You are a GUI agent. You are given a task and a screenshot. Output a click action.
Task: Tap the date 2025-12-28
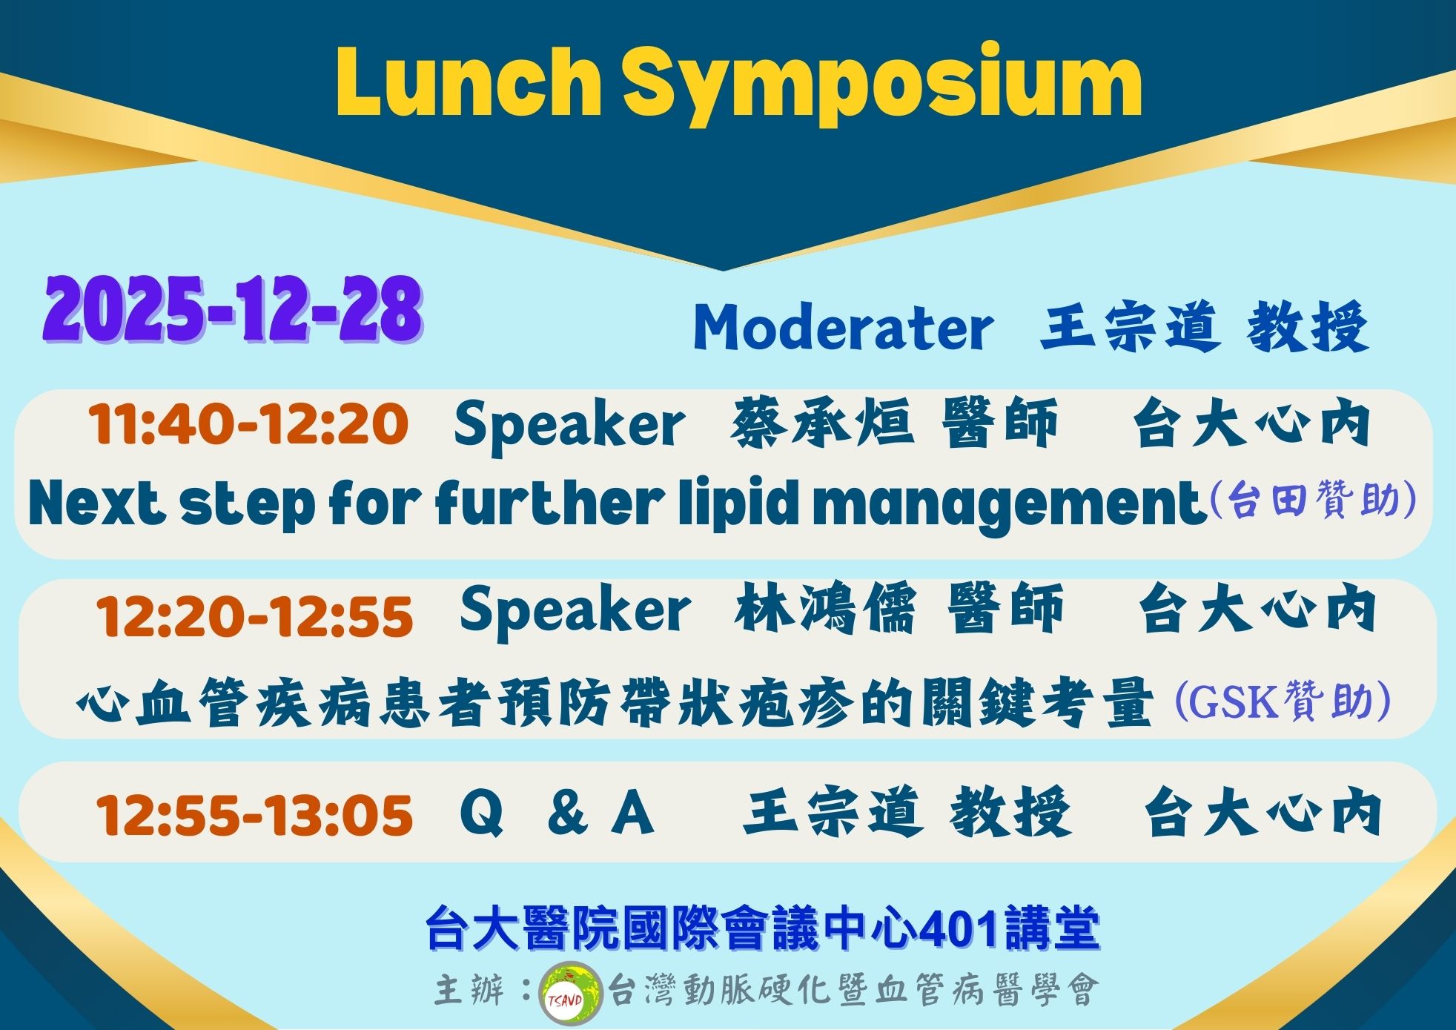point(233,309)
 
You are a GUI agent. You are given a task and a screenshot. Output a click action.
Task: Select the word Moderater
point(843,328)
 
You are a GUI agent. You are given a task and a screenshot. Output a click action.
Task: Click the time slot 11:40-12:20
point(248,425)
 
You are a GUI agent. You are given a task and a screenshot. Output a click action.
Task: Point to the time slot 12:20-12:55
point(254,616)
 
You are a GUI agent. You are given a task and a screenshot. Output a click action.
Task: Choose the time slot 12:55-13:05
point(254,814)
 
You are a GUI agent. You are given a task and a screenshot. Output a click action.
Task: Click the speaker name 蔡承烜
point(821,424)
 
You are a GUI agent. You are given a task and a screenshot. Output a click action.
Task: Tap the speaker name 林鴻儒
point(825,609)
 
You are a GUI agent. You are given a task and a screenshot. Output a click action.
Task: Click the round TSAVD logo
point(569,991)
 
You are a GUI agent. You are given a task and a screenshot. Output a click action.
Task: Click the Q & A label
point(557,813)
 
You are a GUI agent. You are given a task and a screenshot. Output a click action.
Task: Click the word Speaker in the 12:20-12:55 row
point(575,611)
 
